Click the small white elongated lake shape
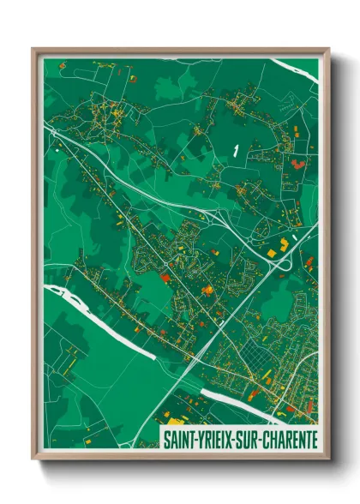tap(234, 151)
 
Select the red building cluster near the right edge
tap(297, 163)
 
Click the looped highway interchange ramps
tap(280, 261)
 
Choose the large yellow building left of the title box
tap(175, 422)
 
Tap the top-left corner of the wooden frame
tap(33, 49)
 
